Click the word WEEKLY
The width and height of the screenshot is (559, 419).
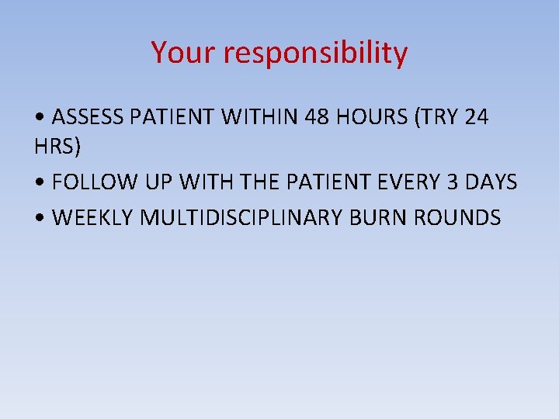(92, 218)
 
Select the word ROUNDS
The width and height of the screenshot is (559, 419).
(458, 218)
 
